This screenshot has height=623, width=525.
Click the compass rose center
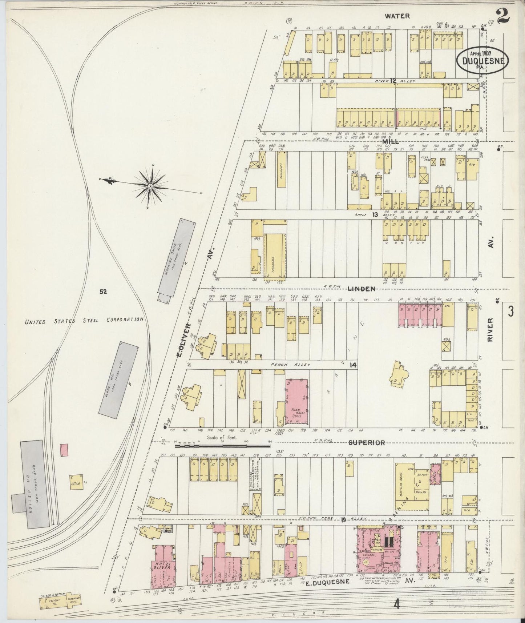click(150, 186)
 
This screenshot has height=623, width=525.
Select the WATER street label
click(397, 16)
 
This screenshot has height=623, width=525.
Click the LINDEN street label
click(361, 289)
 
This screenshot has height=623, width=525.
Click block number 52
click(103, 291)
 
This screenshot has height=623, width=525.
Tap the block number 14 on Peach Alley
click(352, 365)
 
